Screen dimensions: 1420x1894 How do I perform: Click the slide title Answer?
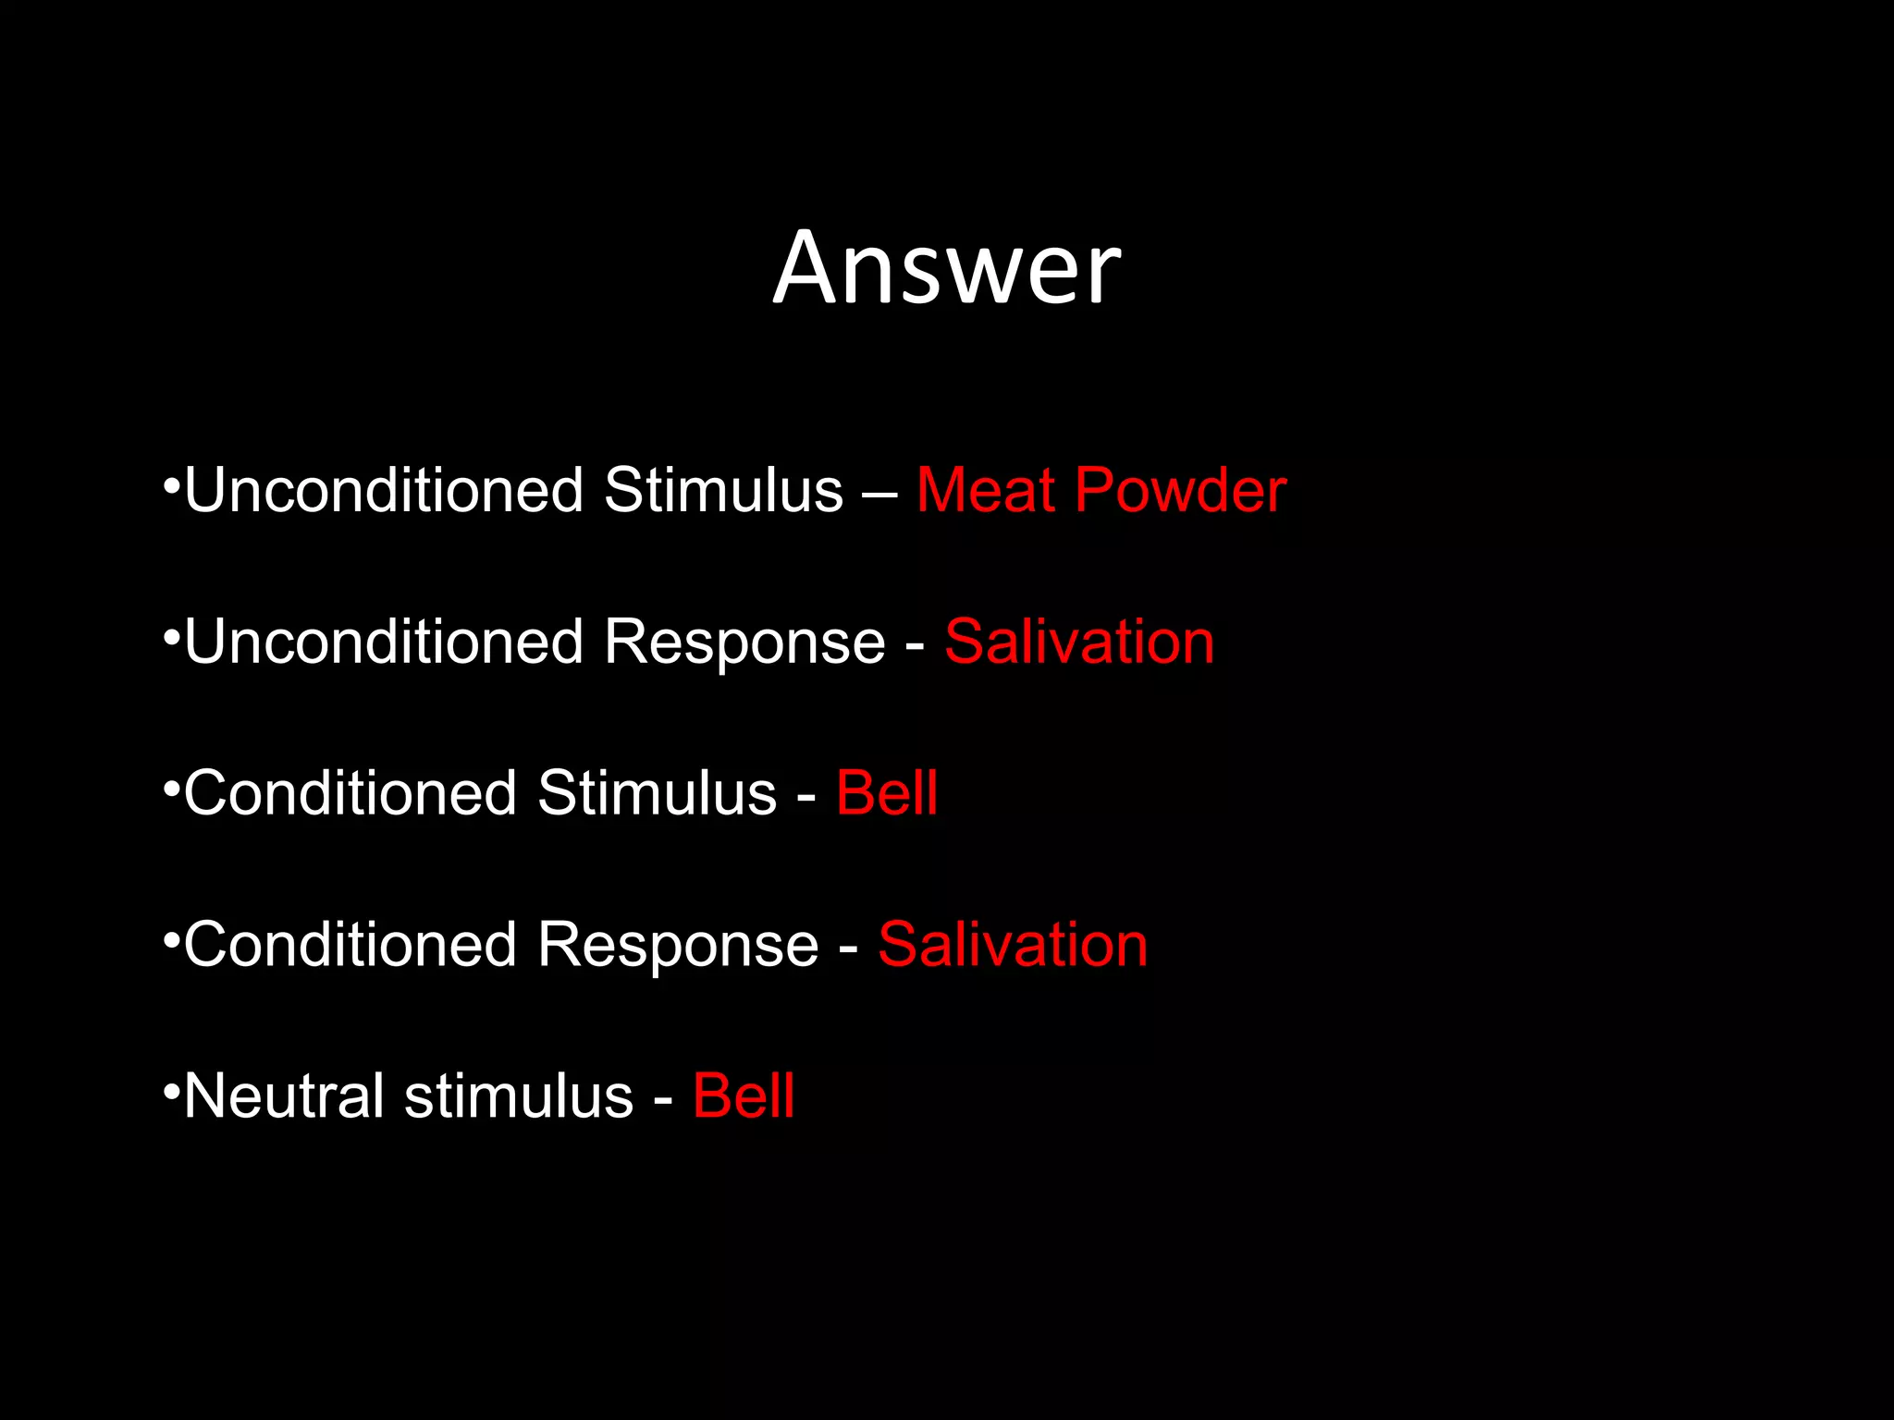(947, 268)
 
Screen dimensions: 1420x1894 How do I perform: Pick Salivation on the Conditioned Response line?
(1013, 944)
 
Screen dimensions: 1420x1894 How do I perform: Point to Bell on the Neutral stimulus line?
(744, 1096)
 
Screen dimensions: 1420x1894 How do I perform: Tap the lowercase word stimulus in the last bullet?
(519, 1096)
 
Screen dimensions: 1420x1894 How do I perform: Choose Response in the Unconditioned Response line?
(744, 643)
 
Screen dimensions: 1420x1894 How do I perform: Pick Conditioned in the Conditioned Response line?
(351, 944)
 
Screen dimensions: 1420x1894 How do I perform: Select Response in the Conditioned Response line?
(678, 946)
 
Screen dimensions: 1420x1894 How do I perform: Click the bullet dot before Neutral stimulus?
(170, 1092)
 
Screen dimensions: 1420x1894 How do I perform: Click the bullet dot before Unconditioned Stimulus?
(170, 485)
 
